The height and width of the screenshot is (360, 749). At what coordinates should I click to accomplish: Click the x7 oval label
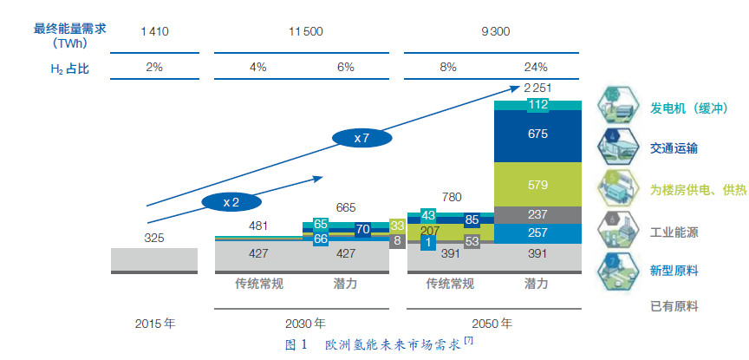point(362,138)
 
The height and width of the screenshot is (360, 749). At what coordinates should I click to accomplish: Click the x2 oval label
point(231,200)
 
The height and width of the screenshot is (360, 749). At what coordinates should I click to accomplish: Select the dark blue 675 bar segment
point(537,134)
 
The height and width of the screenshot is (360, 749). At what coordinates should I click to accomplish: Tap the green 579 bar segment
point(537,185)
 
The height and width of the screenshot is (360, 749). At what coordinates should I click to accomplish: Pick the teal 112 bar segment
point(537,106)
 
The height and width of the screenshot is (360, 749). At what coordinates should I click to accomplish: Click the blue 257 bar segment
point(537,232)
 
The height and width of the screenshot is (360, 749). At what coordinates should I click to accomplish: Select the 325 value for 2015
point(154,237)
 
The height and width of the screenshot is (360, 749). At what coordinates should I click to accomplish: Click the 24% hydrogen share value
point(536,66)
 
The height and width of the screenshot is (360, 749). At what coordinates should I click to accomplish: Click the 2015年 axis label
point(155,323)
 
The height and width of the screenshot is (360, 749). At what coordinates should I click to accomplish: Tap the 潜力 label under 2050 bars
point(536,283)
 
